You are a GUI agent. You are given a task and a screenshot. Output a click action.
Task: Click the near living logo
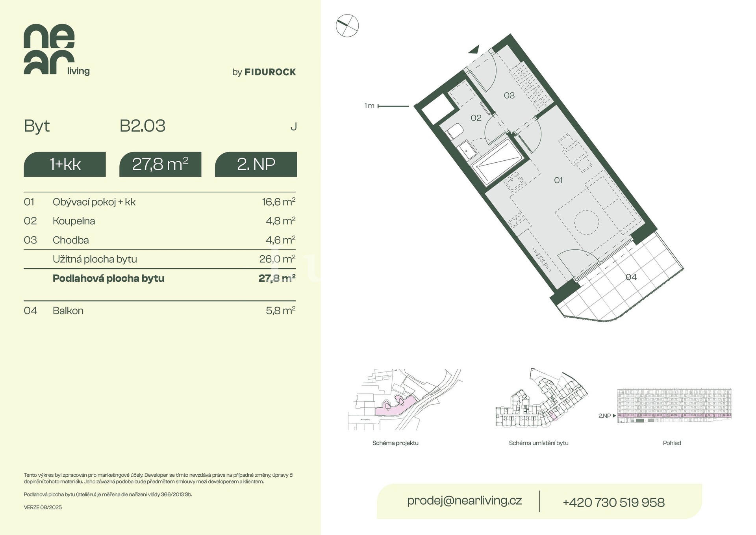(57, 50)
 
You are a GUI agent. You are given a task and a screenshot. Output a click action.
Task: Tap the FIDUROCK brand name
(270, 72)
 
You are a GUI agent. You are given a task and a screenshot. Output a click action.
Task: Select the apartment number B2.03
(143, 126)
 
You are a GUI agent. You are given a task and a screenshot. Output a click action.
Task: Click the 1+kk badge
(65, 164)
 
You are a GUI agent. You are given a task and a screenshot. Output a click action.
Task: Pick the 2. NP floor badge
(256, 164)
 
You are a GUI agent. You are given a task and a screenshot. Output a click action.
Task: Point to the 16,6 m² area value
(279, 202)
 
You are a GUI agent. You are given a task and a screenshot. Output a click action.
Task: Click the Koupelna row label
(74, 221)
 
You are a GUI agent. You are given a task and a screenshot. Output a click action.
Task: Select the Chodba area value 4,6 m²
(280, 240)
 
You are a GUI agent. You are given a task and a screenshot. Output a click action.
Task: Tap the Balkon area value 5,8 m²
(280, 310)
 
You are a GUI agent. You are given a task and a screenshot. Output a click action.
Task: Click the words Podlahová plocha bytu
(109, 279)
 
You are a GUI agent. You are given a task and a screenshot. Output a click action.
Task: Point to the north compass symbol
(347, 26)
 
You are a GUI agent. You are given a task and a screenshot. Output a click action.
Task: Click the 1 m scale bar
(393, 106)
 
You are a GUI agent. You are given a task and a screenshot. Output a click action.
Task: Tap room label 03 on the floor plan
(509, 95)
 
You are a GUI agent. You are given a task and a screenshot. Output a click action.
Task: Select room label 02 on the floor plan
(476, 118)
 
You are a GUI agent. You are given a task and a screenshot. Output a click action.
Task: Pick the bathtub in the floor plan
(497, 162)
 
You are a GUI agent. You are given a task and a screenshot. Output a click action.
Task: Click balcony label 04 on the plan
(631, 277)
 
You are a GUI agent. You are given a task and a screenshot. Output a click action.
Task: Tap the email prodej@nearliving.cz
(465, 500)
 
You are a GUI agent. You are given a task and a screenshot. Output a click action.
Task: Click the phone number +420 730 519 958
(613, 502)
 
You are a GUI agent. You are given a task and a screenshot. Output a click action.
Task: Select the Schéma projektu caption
(395, 443)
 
